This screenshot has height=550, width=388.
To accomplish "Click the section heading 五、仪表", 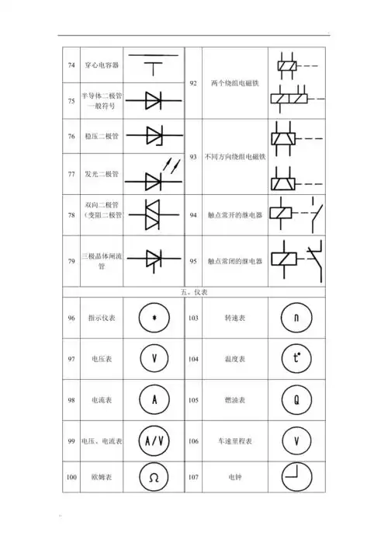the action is click(193, 293).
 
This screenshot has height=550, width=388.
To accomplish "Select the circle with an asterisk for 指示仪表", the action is click(154, 319).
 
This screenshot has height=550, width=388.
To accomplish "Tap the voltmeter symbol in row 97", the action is click(154, 359).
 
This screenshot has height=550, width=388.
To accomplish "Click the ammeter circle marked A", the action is click(154, 400).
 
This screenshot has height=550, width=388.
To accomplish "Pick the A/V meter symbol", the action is click(154, 440).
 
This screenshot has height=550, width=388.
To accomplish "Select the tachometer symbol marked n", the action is click(295, 319).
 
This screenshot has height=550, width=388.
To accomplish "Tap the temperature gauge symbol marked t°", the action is click(295, 359).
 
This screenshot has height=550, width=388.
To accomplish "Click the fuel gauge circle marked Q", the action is click(295, 400).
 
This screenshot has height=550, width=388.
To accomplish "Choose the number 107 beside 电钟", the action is click(193, 477).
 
